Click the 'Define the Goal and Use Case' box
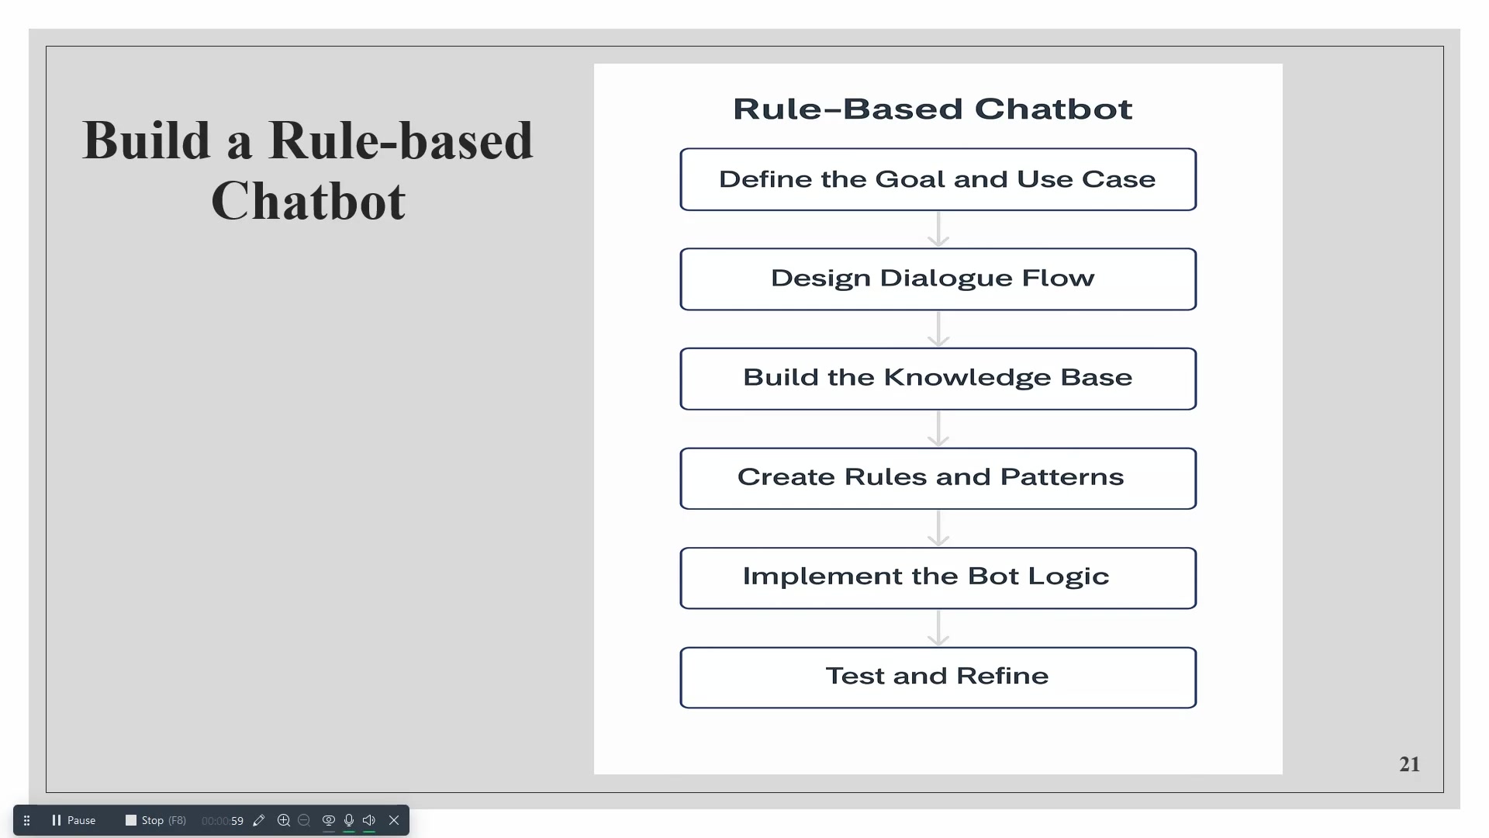[x=938, y=179]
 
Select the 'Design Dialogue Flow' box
[x=938, y=279]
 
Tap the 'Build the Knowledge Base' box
[x=938, y=379]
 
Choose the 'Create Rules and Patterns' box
[x=938, y=478]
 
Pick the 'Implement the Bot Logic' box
[x=938, y=578]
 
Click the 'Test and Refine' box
[x=938, y=677]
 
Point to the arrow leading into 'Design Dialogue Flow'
[x=938, y=230]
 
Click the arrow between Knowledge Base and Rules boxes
[x=938, y=429]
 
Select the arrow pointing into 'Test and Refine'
[x=938, y=628]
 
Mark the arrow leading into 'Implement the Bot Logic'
[x=938, y=528]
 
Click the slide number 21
[x=1409, y=764]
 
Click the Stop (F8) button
[x=156, y=820]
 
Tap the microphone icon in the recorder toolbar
[x=349, y=820]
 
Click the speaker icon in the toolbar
[x=369, y=820]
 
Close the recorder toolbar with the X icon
[x=394, y=820]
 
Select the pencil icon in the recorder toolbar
[x=259, y=820]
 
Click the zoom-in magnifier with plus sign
[x=284, y=820]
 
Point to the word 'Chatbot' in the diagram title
[x=1053, y=109]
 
